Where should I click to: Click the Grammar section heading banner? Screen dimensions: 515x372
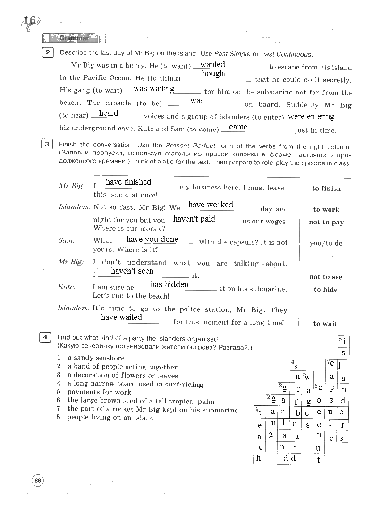pos(74,38)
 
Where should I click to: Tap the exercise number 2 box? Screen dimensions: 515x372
pos(48,53)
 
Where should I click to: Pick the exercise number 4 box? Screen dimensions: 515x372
pos(45,337)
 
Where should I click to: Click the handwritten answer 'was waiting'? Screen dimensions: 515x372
pos(154,88)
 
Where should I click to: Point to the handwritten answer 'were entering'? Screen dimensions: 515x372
pos(311,116)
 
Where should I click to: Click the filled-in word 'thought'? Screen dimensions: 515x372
pos(213,73)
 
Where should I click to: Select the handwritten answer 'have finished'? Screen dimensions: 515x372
pos(128,182)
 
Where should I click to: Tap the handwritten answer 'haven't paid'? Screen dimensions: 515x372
pos(194,219)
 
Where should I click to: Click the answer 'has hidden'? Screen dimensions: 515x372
pos(169,284)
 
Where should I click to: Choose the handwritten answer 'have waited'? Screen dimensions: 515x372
pos(121,317)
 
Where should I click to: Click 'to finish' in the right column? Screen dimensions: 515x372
pos(326,189)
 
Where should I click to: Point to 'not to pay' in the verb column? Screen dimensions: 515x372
pos(326,222)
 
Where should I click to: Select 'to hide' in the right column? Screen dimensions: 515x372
pos(325,290)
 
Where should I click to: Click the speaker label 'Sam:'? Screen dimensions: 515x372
pos(67,240)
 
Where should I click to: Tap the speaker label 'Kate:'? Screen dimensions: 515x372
pos(67,287)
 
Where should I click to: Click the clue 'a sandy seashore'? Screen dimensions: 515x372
pos(96,358)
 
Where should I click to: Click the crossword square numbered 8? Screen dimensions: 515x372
pos(343,341)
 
